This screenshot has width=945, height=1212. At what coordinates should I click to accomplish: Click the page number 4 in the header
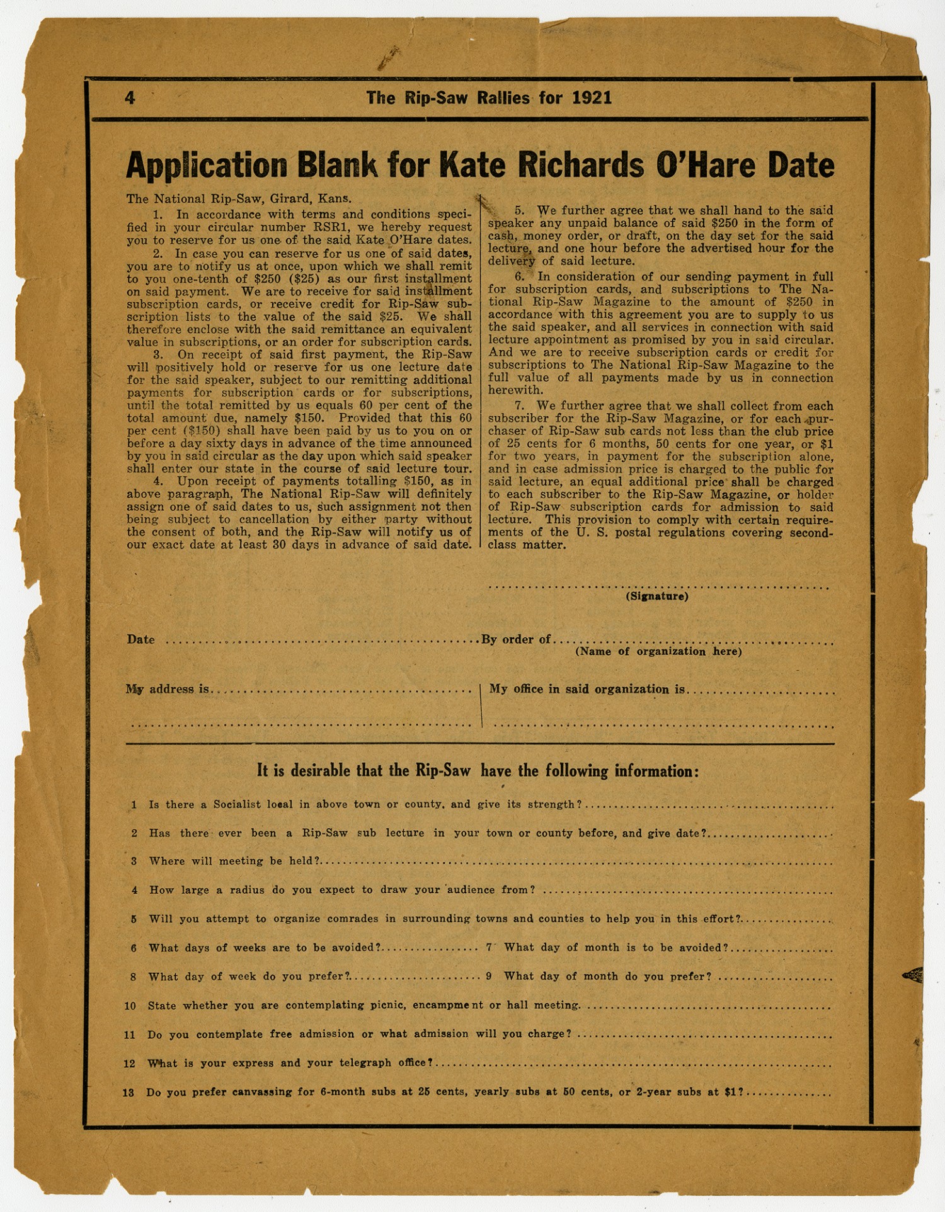[x=130, y=98]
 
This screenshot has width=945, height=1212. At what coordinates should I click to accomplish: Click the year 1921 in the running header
[x=592, y=98]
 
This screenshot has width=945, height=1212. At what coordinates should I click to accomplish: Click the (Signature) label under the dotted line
[x=656, y=596]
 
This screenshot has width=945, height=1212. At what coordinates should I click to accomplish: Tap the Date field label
[x=140, y=639]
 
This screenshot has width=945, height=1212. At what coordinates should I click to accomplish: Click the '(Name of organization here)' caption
[x=658, y=651]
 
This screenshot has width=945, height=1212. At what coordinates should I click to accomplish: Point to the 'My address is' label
[x=168, y=689]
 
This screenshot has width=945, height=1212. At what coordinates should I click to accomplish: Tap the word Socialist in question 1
[x=237, y=804]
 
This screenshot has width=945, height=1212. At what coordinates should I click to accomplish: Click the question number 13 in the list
[x=129, y=1092]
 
